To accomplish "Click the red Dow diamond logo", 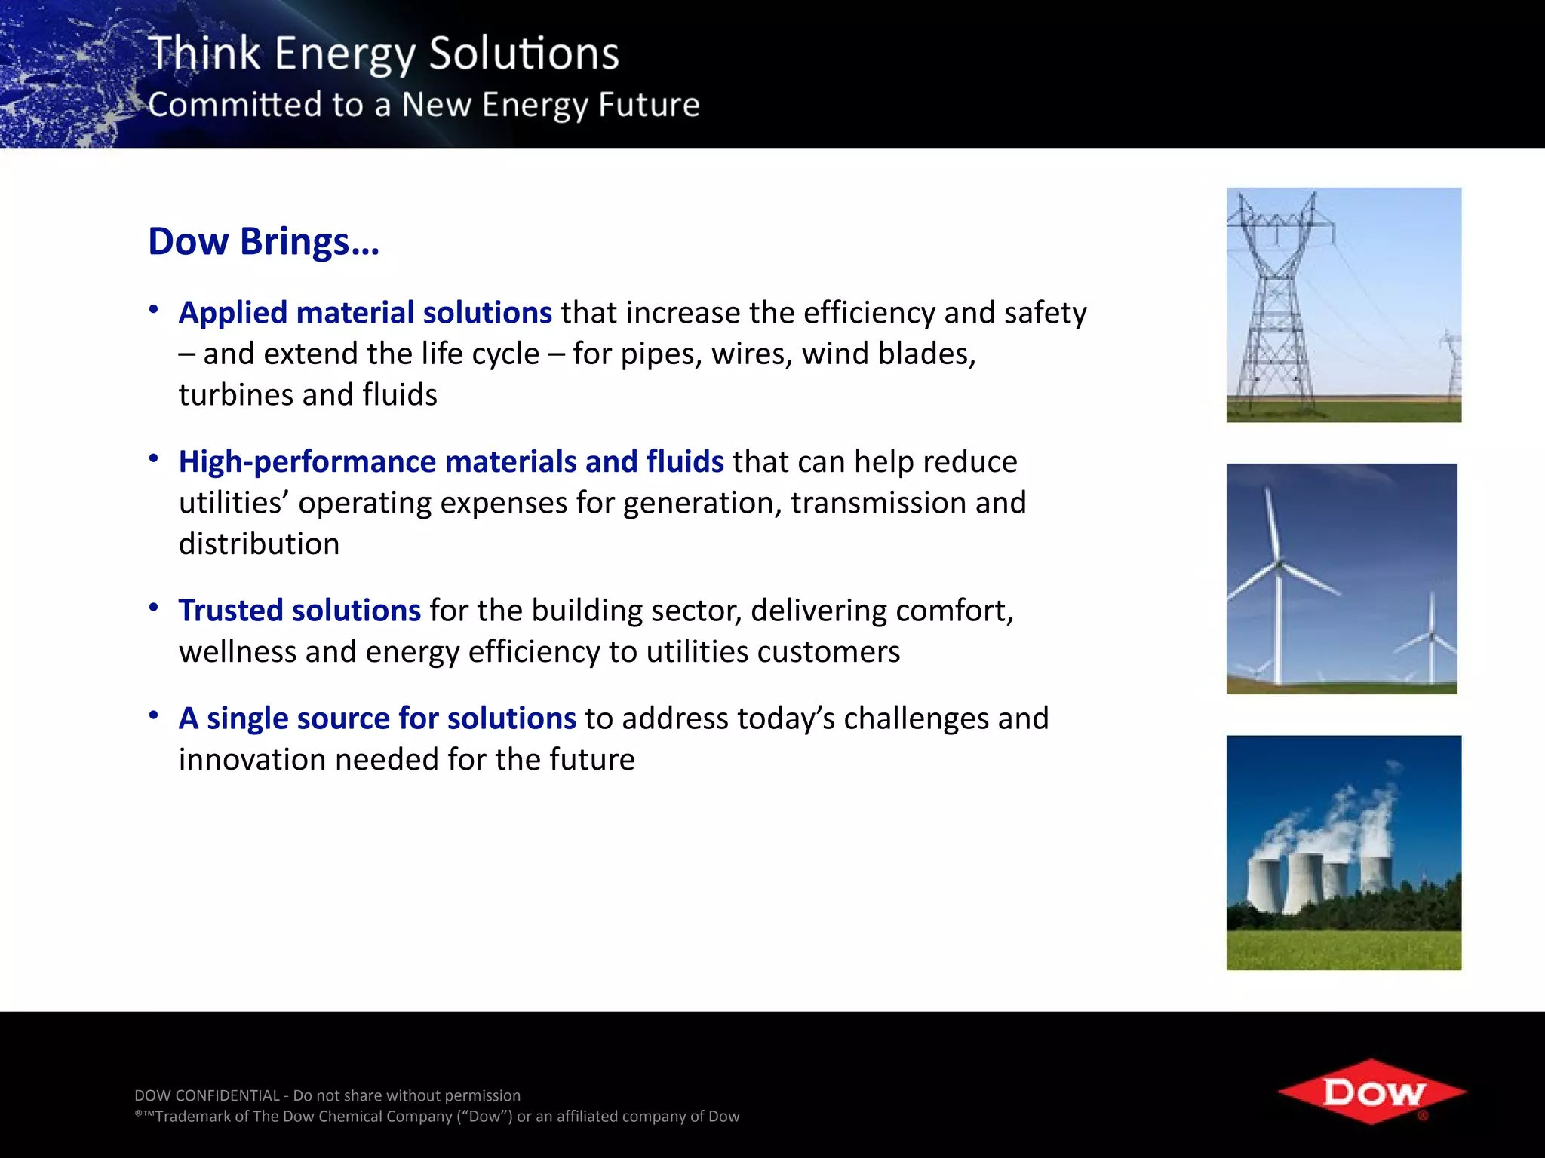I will [1371, 1092].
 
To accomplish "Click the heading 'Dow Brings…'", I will [263, 242].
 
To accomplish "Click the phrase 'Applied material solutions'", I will [365, 313].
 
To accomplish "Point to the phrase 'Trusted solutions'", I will [299, 611].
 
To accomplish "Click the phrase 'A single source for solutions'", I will [377, 718].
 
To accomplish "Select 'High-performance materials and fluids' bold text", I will [451, 462].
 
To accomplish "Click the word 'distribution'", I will [259, 544].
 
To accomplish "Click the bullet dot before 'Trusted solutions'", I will [154, 608].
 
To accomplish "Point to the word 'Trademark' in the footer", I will [201, 1117].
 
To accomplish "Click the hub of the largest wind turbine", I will [1279, 563].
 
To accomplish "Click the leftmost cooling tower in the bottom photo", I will [1265, 882].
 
